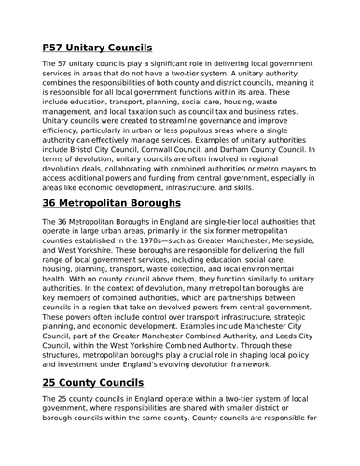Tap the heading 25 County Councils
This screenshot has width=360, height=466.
99,383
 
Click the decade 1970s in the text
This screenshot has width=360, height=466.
152,240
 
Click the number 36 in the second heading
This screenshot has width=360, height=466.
53,202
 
